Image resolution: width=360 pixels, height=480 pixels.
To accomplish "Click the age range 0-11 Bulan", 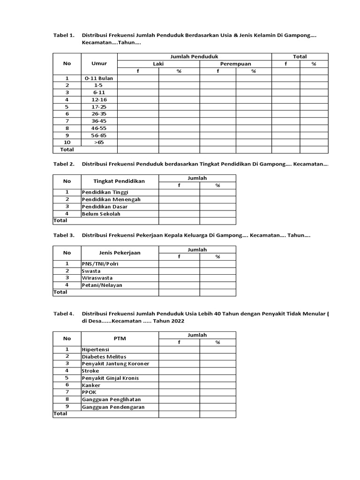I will [99, 78].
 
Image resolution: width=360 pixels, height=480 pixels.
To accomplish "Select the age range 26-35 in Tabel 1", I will [99, 113].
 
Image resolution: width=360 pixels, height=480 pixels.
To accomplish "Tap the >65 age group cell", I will [99, 142].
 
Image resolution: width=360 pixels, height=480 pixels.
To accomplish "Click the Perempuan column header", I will [235, 64].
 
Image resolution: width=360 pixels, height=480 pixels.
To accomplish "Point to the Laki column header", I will [158, 64].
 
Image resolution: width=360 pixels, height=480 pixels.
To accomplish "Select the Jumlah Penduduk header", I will [194, 56].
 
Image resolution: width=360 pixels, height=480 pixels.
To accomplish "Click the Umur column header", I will [99, 64].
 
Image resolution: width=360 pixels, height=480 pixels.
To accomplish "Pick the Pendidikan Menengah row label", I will [111, 199].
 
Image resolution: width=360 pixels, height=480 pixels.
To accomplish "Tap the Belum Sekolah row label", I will [101, 213].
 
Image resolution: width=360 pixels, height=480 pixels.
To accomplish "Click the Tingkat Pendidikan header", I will [119, 181].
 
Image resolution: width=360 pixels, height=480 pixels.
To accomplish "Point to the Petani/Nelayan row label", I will [102, 285].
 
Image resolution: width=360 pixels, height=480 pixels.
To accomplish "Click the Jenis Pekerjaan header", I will [119, 253].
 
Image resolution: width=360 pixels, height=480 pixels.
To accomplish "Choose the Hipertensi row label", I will [96, 349].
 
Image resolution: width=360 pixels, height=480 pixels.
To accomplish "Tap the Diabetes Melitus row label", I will [104, 357].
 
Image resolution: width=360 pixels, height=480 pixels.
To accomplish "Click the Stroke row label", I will [90, 371].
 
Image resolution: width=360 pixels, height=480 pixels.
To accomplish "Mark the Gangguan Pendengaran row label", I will [113, 407].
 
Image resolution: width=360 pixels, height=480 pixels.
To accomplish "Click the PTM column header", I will [119, 338].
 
